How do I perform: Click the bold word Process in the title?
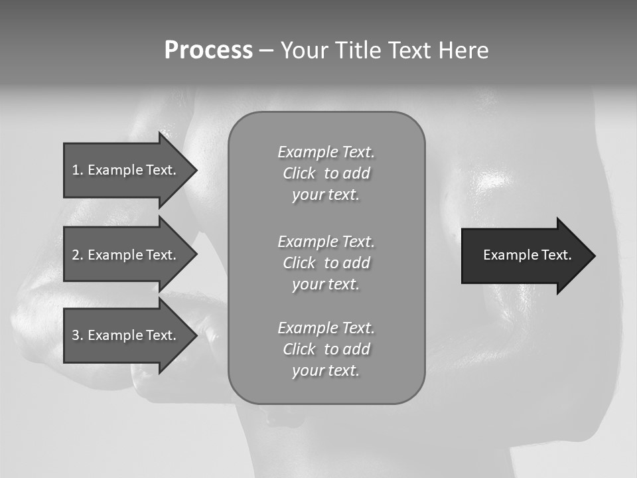(x=208, y=50)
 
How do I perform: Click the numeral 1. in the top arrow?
(x=78, y=170)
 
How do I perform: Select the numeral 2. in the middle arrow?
(x=78, y=255)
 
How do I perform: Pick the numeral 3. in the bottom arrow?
(x=78, y=335)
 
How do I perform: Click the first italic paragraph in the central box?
(x=326, y=173)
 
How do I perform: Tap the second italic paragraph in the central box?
(x=326, y=262)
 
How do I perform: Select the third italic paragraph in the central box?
(x=326, y=349)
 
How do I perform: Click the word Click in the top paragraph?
(x=299, y=174)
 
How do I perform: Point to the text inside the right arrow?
(x=527, y=255)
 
